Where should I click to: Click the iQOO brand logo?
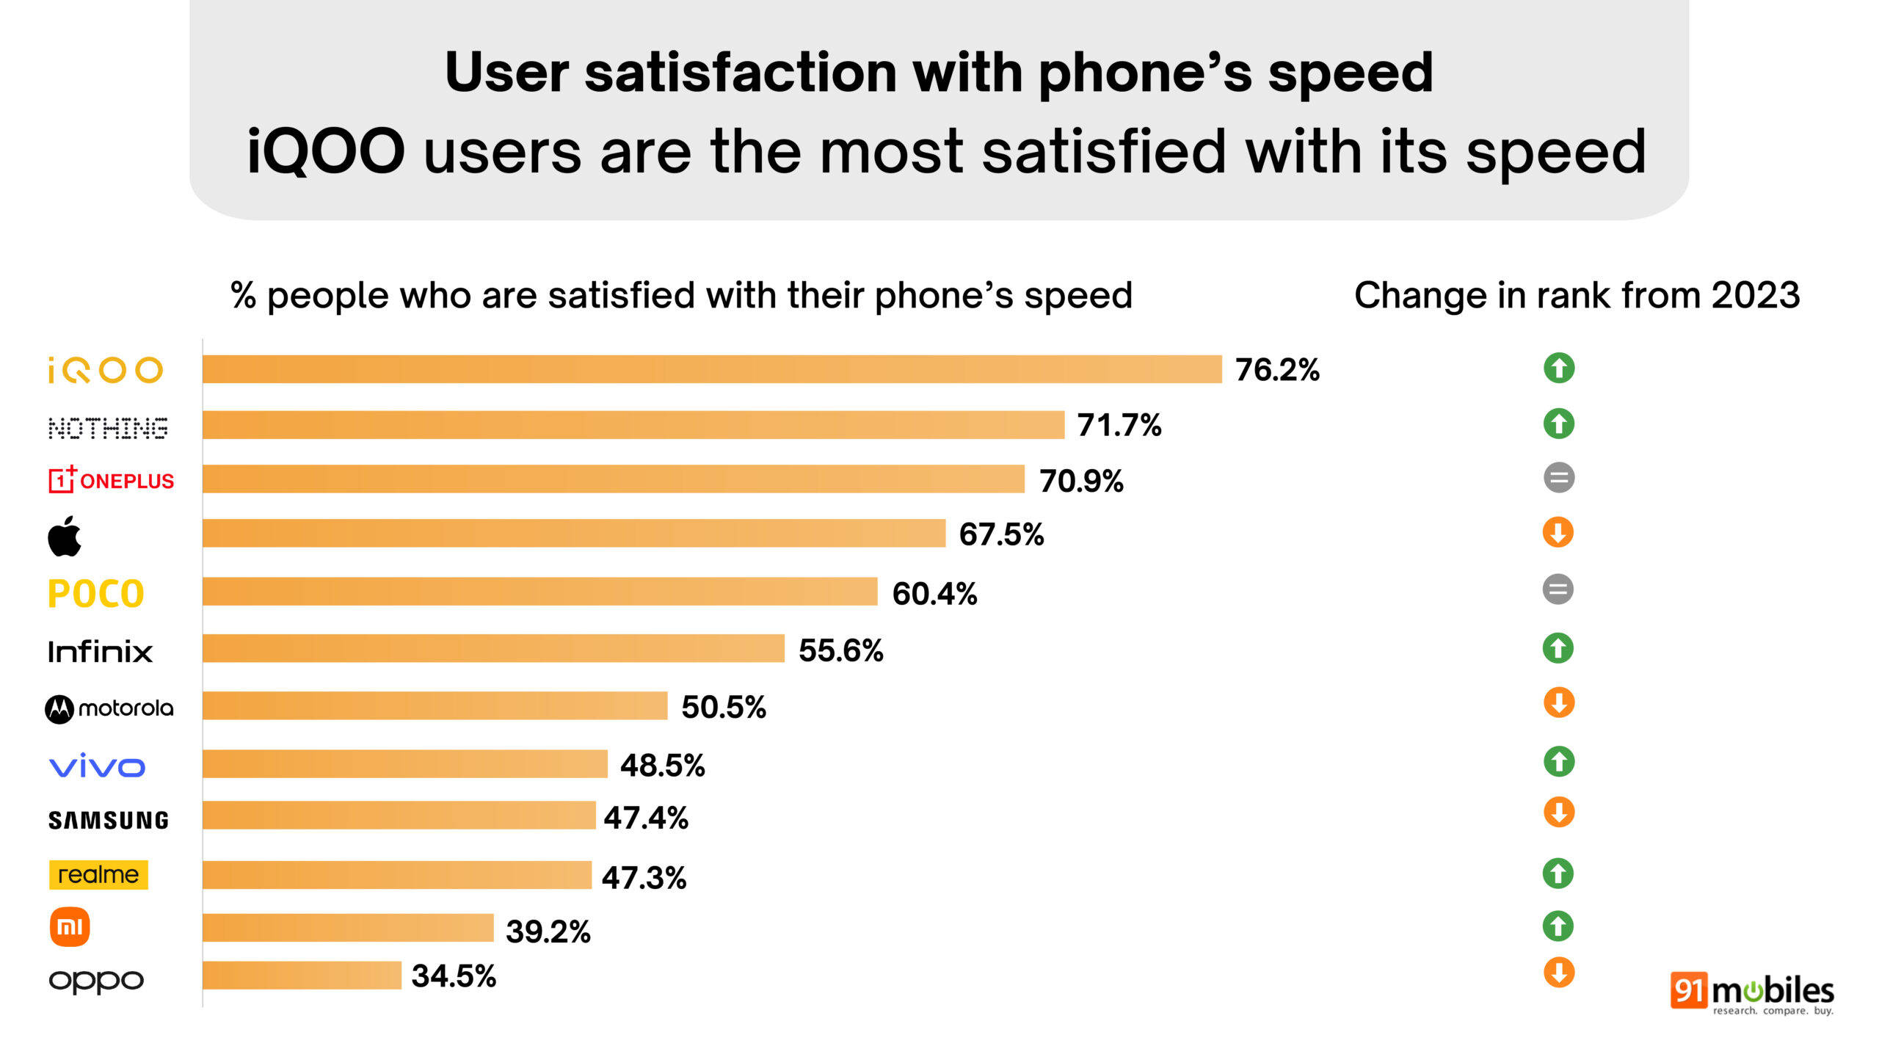tap(105, 370)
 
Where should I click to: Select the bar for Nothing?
tap(633, 425)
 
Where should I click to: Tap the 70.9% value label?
tap(1081, 482)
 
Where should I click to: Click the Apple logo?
tap(65, 536)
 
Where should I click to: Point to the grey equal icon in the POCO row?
tap(1558, 589)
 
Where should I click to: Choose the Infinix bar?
tap(493, 649)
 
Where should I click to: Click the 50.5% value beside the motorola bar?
tap(724, 708)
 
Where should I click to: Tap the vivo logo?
tap(97, 766)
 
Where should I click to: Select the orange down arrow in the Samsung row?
tap(1559, 813)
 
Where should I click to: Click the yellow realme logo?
tap(98, 875)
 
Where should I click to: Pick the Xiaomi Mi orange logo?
tap(70, 927)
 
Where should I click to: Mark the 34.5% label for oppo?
tap(454, 976)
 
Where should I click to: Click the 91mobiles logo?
tap(1751, 993)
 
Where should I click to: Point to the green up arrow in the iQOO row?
tap(1559, 368)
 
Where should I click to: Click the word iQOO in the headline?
tap(326, 151)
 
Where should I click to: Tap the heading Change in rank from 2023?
tap(1577, 295)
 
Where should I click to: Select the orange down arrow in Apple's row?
tap(1558, 533)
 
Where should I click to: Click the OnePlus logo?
tap(111, 480)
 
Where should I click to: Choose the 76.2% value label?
tap(1277, 370)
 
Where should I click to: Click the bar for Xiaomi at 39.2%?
tap(348, 928)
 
